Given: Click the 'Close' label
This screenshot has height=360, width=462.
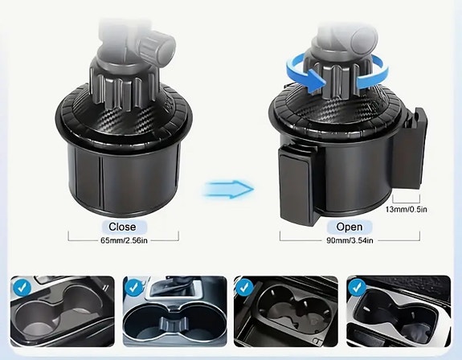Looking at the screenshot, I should coord(123,227).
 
